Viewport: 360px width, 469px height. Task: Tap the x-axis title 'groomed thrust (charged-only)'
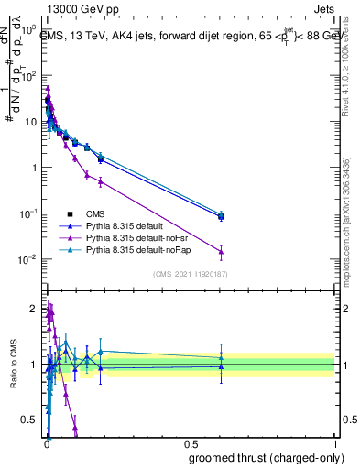(x=267, y=457)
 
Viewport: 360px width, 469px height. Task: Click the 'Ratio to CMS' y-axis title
(x=13, y=365)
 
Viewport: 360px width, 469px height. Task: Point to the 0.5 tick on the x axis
(x=190, y=443)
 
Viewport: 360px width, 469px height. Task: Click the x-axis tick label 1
(x=334, y=443)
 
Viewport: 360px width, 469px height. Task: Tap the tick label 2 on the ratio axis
(x=35, y=309)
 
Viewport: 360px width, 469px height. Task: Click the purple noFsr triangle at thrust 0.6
(x=221, y=251)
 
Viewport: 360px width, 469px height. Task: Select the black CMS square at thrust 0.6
(x=221, y=216)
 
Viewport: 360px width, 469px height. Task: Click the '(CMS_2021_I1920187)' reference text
(x=191, y=274)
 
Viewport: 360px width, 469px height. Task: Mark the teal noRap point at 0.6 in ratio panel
(x=221, y=357)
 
